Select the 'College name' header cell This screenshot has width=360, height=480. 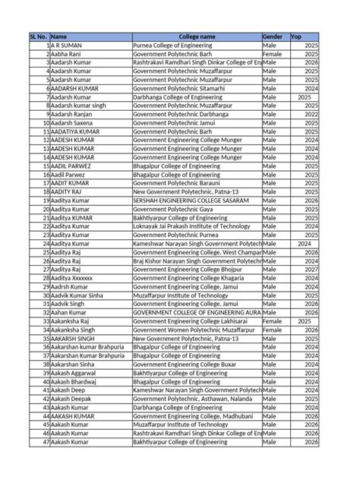(x=196, y=36)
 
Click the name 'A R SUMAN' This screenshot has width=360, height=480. (x=68, y=46)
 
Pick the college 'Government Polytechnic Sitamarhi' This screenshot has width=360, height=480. (x=182, y=88)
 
